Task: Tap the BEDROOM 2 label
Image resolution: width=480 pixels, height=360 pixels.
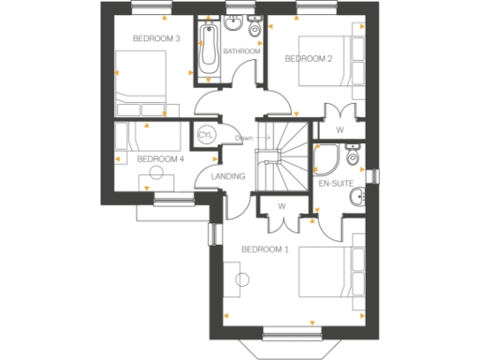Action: click(308, 59)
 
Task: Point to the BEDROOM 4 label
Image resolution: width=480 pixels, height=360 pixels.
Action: click(160, 159)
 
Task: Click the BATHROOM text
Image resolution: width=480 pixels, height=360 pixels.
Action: click(241, 51)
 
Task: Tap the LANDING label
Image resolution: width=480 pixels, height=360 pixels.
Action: click(228, 176)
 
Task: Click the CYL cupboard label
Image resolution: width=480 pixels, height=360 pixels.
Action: click(206, 135)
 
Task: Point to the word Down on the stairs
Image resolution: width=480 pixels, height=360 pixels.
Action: click(245, 138)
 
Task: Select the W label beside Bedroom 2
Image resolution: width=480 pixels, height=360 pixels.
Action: click(339, 129)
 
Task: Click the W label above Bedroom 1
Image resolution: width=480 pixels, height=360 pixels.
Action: click(281, 206)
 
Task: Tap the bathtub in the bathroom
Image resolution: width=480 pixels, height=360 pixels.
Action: click(208, 50)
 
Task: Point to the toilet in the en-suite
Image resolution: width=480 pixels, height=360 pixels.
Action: click(352, 152)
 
